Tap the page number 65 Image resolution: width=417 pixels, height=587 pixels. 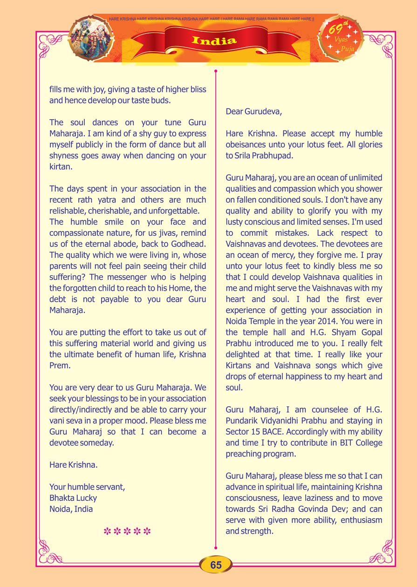(x=216, y=565)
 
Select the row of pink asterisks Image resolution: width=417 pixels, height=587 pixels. (x=127, y=531)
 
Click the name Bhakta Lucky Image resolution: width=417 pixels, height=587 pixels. (x=73, y=498)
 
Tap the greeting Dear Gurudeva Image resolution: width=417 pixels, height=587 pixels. (x=254, y=111)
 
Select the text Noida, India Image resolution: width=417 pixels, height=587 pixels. (x=71, y=509)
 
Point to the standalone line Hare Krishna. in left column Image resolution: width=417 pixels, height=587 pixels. (x=73, y=465)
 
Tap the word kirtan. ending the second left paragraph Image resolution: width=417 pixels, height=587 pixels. (x=61, y=166)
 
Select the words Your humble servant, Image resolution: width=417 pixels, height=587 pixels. (x=87, y=487)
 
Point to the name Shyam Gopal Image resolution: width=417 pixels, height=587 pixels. (x=355, y=332)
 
